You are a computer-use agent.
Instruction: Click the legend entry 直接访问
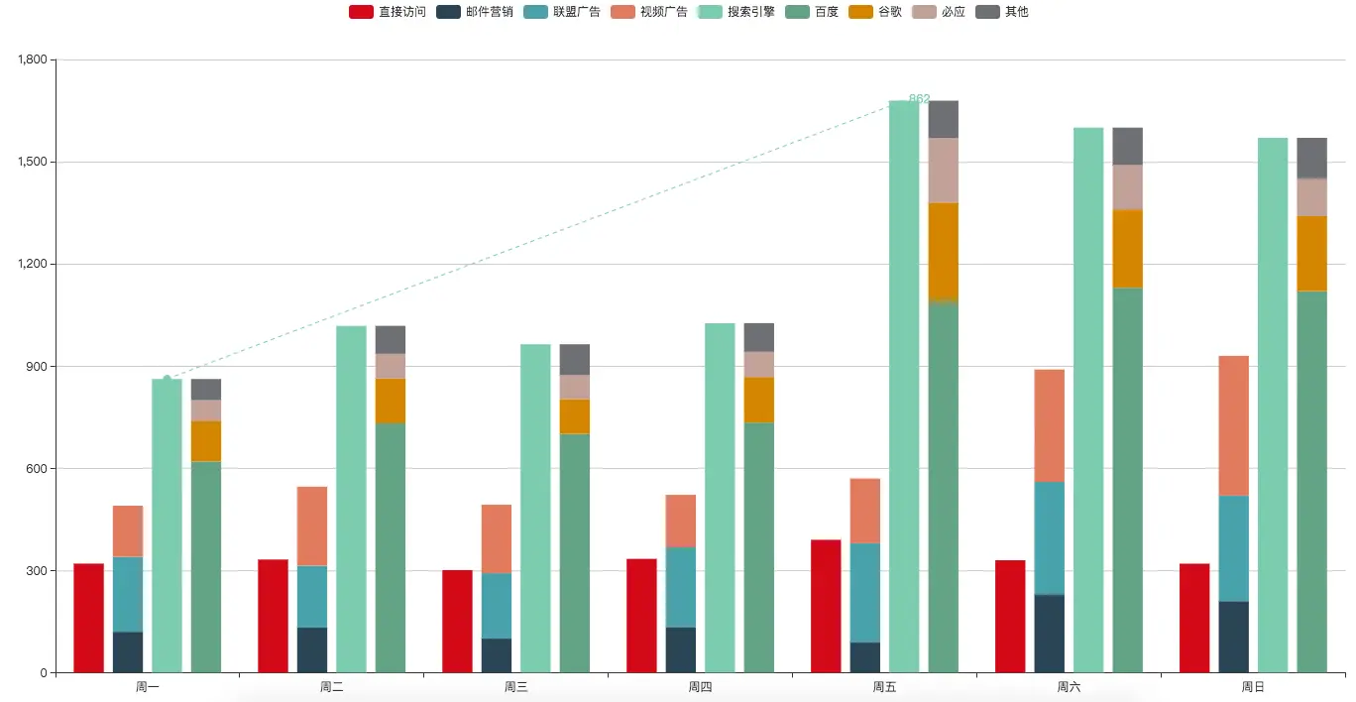tap(388, 12)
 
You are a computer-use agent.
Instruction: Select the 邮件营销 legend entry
tap(475, 12)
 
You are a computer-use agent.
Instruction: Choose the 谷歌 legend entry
tap(875, 12)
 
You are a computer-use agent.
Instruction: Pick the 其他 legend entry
tap(1002, 12)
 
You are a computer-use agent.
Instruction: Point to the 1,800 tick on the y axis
tap(33, 59)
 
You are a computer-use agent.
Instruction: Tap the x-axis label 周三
tap(515, 686)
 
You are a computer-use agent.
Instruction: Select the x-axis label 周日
tap(1253, 686)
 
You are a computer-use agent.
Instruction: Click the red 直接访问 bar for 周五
tap(826, 606)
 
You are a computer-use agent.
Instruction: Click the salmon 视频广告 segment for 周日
tap(1233, 425)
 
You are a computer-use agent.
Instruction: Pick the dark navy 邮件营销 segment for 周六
tap(1049, 634)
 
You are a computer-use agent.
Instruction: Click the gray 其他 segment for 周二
tap(391, 339)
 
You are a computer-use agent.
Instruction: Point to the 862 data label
tap(919, 99)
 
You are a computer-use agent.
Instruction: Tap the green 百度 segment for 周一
tap(206, 566)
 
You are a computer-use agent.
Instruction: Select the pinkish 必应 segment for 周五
tap(944, 171)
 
